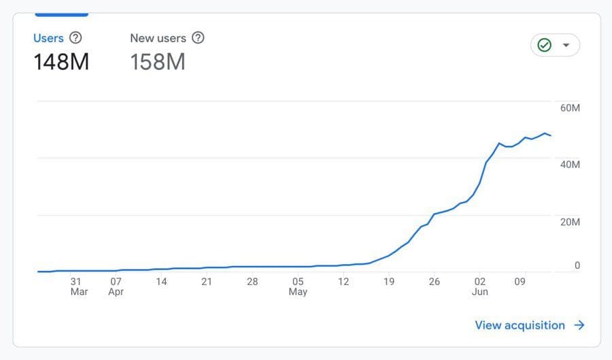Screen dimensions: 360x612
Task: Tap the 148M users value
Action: click(61, 62)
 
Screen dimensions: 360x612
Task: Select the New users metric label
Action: click(158, 38)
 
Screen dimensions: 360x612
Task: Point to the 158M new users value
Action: click(158, 62)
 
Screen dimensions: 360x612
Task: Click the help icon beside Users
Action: click(75, 38)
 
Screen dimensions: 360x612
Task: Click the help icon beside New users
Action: click(198, 38)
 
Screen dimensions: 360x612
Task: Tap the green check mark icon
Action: click(544, 45)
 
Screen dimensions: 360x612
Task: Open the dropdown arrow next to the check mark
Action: click(566, 45)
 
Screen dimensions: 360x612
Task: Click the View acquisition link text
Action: click(520, 325)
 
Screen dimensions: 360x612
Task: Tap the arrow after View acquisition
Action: click(579, 325)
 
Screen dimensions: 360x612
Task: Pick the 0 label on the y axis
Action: click(577, 265)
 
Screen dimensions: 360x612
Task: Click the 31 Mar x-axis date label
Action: click(78, 287)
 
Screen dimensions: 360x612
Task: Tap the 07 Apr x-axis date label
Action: click(116, 287)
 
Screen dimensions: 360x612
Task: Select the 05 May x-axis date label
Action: click(298, 287)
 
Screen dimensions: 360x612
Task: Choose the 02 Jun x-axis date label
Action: click(480, 287)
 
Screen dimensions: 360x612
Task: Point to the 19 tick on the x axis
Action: click(389, 281)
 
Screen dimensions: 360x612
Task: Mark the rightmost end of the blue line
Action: click(551, 135)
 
